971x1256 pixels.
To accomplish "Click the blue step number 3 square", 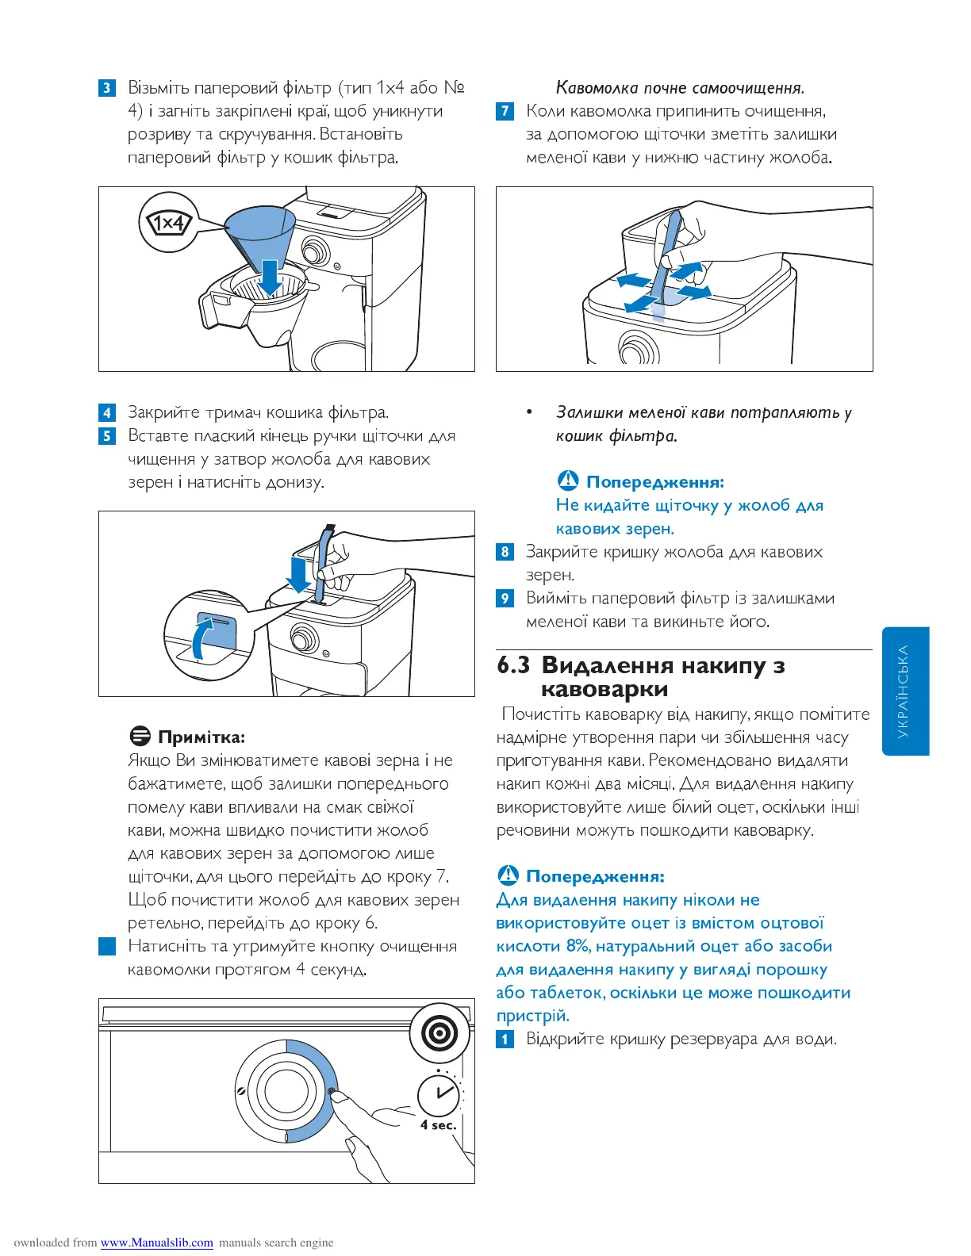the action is pos(107,88).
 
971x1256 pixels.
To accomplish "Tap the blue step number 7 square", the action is pos(505,111).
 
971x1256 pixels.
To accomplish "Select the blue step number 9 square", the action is pos(505,598).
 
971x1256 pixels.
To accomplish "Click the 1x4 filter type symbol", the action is pos(169,223).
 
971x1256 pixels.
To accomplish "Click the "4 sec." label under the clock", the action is pos(439,1125).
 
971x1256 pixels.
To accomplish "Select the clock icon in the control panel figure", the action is pos(439,1094).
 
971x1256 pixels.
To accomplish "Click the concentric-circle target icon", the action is pos(439,1033).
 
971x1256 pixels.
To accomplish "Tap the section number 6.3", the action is pos(513,665).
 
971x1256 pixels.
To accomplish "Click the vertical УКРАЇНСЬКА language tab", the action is pos(905,691).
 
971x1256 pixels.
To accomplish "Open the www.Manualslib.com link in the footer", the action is pos(157,1243).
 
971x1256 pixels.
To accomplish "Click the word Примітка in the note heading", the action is pos(201,737).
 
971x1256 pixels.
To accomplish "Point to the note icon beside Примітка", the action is pos(140,737).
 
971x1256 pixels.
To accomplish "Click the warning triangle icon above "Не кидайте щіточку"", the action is pos(568,481).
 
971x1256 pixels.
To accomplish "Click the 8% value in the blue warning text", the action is pos(578,946).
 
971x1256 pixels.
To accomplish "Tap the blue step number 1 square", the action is pos(505,1040).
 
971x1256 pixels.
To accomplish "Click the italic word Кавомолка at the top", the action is pos(597,88).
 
